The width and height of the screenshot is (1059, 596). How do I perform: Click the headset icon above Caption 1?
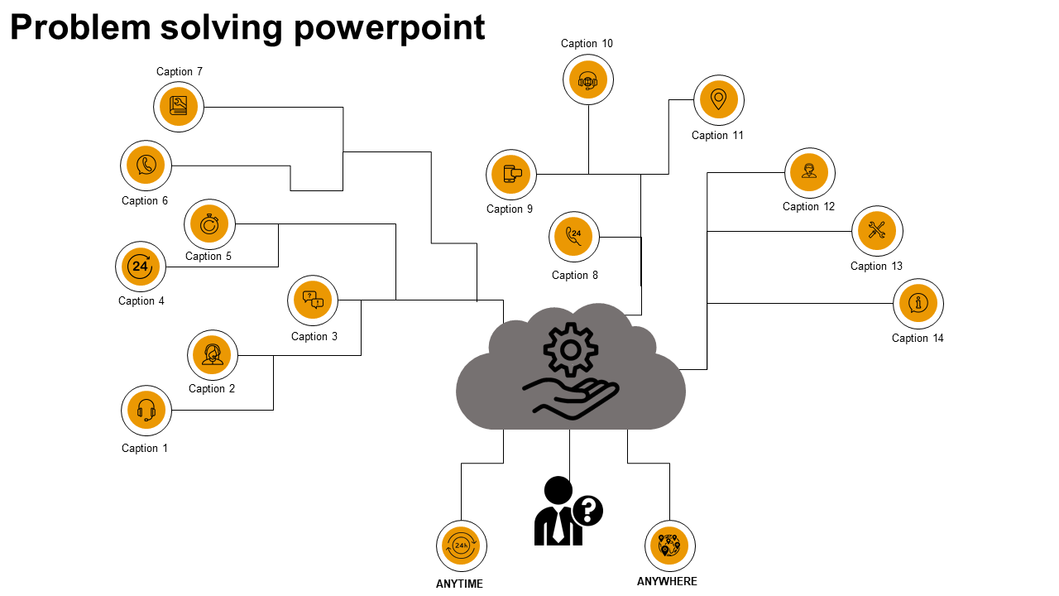pyautogui.click(x=146, y=411)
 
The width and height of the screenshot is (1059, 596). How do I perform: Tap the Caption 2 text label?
pyautogui.click(x=212, y=388)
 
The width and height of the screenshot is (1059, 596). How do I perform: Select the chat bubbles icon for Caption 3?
pyautogui.click(x=313, y=300)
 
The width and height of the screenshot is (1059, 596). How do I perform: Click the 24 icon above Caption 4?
pyautogui.click(x=141, y=267)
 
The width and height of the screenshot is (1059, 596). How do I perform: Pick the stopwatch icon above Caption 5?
pyautogui.click(x=210, y=224)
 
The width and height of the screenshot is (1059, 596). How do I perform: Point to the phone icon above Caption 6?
pyautogui.click(x=146, y=165)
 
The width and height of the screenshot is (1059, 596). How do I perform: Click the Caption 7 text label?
pyautogui.click(x=180, y=72)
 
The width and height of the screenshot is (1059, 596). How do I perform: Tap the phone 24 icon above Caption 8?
pyautogui.click(x=574, y=237)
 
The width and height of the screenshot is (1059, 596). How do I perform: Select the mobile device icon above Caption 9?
pyautogui.click(x=511, y=175)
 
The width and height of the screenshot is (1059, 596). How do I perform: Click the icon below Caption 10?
pyautogui.click(x=588, y=80)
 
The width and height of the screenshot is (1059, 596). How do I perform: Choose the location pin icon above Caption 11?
pyautogui.click(x=719, y=100)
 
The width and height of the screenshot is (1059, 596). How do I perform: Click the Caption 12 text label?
pyautogui.click(x=809, y=206)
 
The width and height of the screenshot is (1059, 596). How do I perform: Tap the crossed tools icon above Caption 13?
pyautogui.click(x=878, y=231)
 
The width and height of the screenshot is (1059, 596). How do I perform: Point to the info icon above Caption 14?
pyautogui.click(x=918, y=304)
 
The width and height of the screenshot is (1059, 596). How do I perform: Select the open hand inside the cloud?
pyautogui.click(x=571, y=397)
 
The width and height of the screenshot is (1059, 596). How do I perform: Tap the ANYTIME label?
pyautogui.click(x=459, y=584)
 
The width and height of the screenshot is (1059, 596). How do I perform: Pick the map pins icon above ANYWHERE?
pyautogui.click(x=670, y=546)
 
